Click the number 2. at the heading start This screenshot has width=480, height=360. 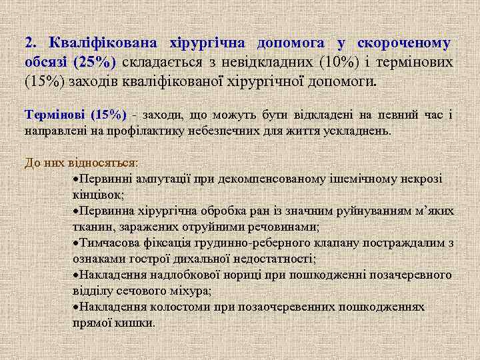[31, 43]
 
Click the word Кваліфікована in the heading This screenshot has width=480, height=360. [99, 43]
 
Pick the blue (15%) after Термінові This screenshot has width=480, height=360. [108, 114]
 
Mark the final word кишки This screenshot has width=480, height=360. [136, 323]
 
